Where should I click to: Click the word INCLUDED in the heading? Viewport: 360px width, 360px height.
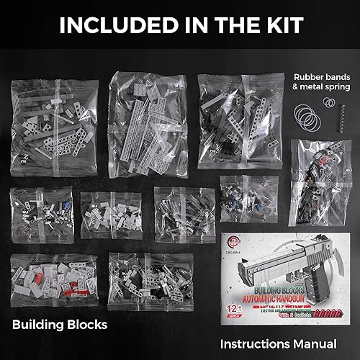pos(112,24)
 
